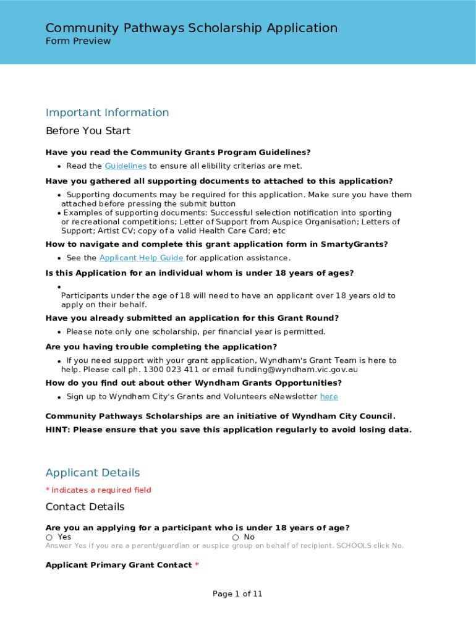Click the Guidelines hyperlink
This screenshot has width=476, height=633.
[x=125, y=166]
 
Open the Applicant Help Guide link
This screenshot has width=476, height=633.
[x=141, y=258]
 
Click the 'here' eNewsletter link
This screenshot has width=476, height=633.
[x=329, y=397]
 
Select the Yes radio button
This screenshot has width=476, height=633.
[x=49, y=538]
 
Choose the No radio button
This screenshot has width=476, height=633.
[x=236, y=538]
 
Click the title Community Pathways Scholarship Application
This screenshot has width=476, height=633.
[x=192, y=28]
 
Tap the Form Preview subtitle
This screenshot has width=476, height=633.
[x=79, y=41]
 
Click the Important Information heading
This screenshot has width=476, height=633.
[x=107, y=113]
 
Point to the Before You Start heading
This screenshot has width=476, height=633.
[x=88, y=131]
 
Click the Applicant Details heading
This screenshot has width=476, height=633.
[x=93, y=473]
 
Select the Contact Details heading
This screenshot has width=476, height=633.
[x=85, y=507]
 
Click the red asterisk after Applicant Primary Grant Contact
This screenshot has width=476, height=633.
[x=197, y=566]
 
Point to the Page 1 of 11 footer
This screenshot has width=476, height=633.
[x=237, y=594]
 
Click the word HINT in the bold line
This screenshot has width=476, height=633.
[x=57, y=430]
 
